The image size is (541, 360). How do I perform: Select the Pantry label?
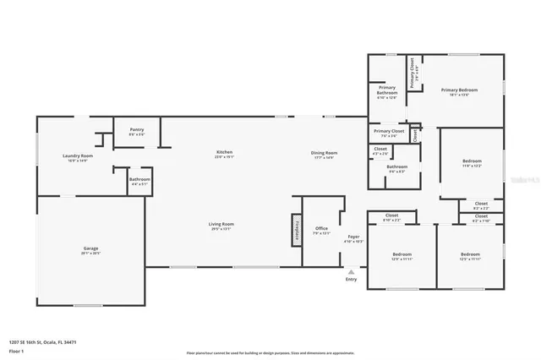click(x=137, y=129)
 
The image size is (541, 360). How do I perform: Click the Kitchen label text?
click(x=223, y=152)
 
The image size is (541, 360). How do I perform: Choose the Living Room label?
click(x=221, y=224)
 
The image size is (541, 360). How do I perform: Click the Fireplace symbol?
click(x=296, y=228)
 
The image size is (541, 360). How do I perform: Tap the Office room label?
click(x=321, y=228)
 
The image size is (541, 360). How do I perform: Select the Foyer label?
click(x=354, y=237)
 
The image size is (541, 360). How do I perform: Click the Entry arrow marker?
click(x=351, y=271)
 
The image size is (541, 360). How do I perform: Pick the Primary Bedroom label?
click(x=459, y=90)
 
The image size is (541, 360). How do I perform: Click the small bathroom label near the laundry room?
click(x=139, y=179)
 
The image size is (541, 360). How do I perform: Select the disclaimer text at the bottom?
click(x=270, y=352)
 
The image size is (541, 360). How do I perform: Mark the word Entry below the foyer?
click(x=351, y=280)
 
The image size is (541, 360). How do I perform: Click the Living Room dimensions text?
click(x=221, y=229)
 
